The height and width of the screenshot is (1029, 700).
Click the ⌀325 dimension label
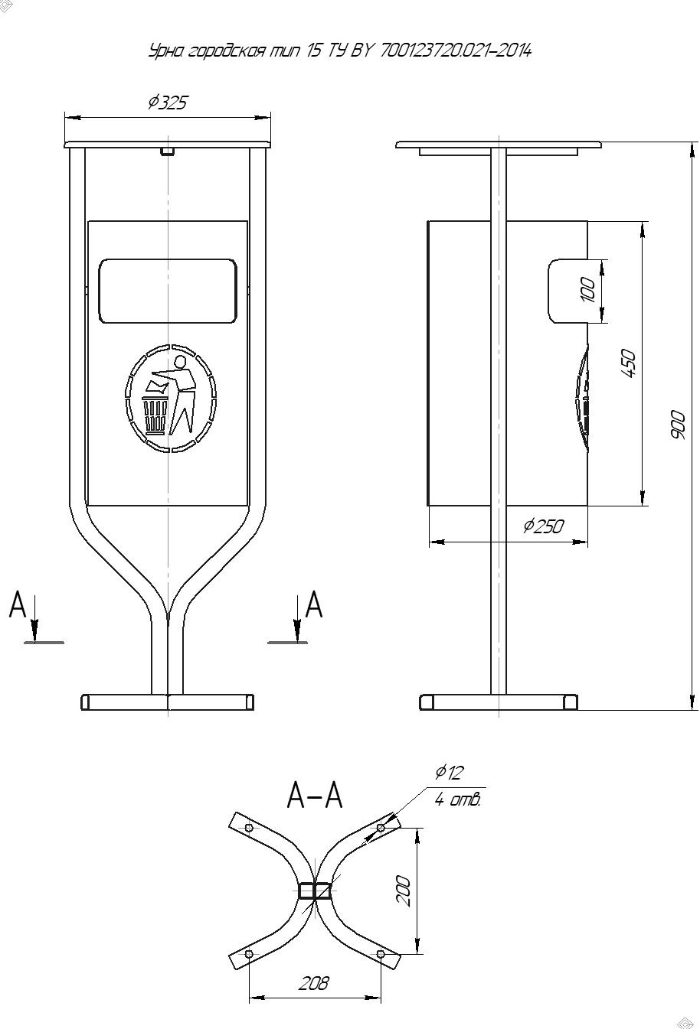tap(168, 103)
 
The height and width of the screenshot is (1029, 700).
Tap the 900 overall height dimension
tap(678, 425)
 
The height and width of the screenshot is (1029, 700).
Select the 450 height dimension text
tap(628, 363)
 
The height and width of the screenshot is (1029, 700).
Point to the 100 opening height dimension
tap(587, 290)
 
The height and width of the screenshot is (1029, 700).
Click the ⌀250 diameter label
tap(543, 526)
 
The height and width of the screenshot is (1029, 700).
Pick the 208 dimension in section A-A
tap(314, 983)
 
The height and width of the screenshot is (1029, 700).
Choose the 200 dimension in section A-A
tap(403, 891)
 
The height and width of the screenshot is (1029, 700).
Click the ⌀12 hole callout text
tap(449, 773)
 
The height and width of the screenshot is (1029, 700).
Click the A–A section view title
tap(315, 795)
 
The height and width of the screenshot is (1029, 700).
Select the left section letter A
tap(18, 604)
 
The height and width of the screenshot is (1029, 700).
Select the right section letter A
tap(314, 604)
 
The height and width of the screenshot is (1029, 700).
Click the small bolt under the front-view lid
tap(168, 151)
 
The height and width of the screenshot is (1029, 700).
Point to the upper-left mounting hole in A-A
tap(249, 828)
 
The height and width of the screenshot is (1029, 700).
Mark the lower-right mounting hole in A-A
tap(381, 954)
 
